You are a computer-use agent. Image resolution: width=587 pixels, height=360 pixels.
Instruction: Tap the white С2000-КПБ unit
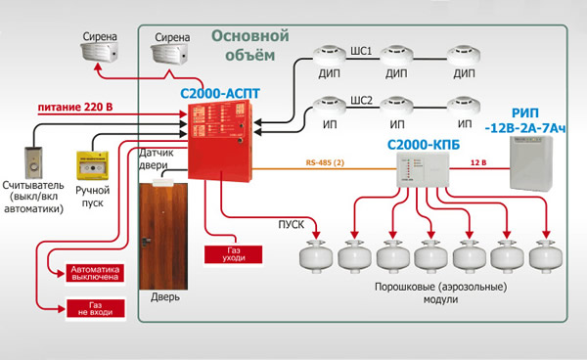pyautogui.click(x=418, y=173)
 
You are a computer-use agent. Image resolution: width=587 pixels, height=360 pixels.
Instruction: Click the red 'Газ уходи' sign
pyautogui.click(x=228, y=254)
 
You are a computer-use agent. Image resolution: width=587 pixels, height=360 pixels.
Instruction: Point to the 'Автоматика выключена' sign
pyautogui.click(x=96, y=272)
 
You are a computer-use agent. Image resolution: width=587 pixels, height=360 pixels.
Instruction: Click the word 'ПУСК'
pyautogui.click(x=291, y=225)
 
